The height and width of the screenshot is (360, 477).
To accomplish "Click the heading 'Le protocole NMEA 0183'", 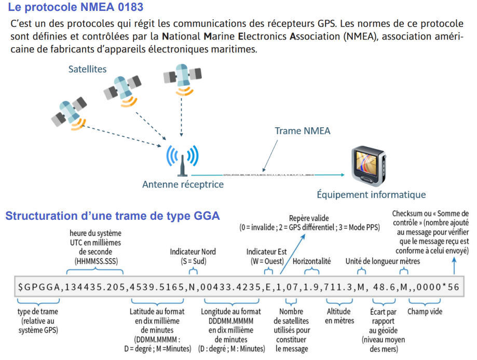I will (76, 8).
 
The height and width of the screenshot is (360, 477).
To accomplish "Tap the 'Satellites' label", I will (87, 69).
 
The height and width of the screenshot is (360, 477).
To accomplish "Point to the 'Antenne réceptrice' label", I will (183, 184).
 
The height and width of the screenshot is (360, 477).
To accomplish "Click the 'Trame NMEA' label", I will (302, 131).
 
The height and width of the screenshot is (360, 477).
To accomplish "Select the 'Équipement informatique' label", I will (371, 195).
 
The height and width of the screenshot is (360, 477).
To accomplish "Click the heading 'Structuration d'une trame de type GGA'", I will (113, 216).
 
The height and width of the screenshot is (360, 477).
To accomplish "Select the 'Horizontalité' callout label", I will (311, 261).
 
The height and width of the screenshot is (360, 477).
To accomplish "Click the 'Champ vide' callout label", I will (424, 312).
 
